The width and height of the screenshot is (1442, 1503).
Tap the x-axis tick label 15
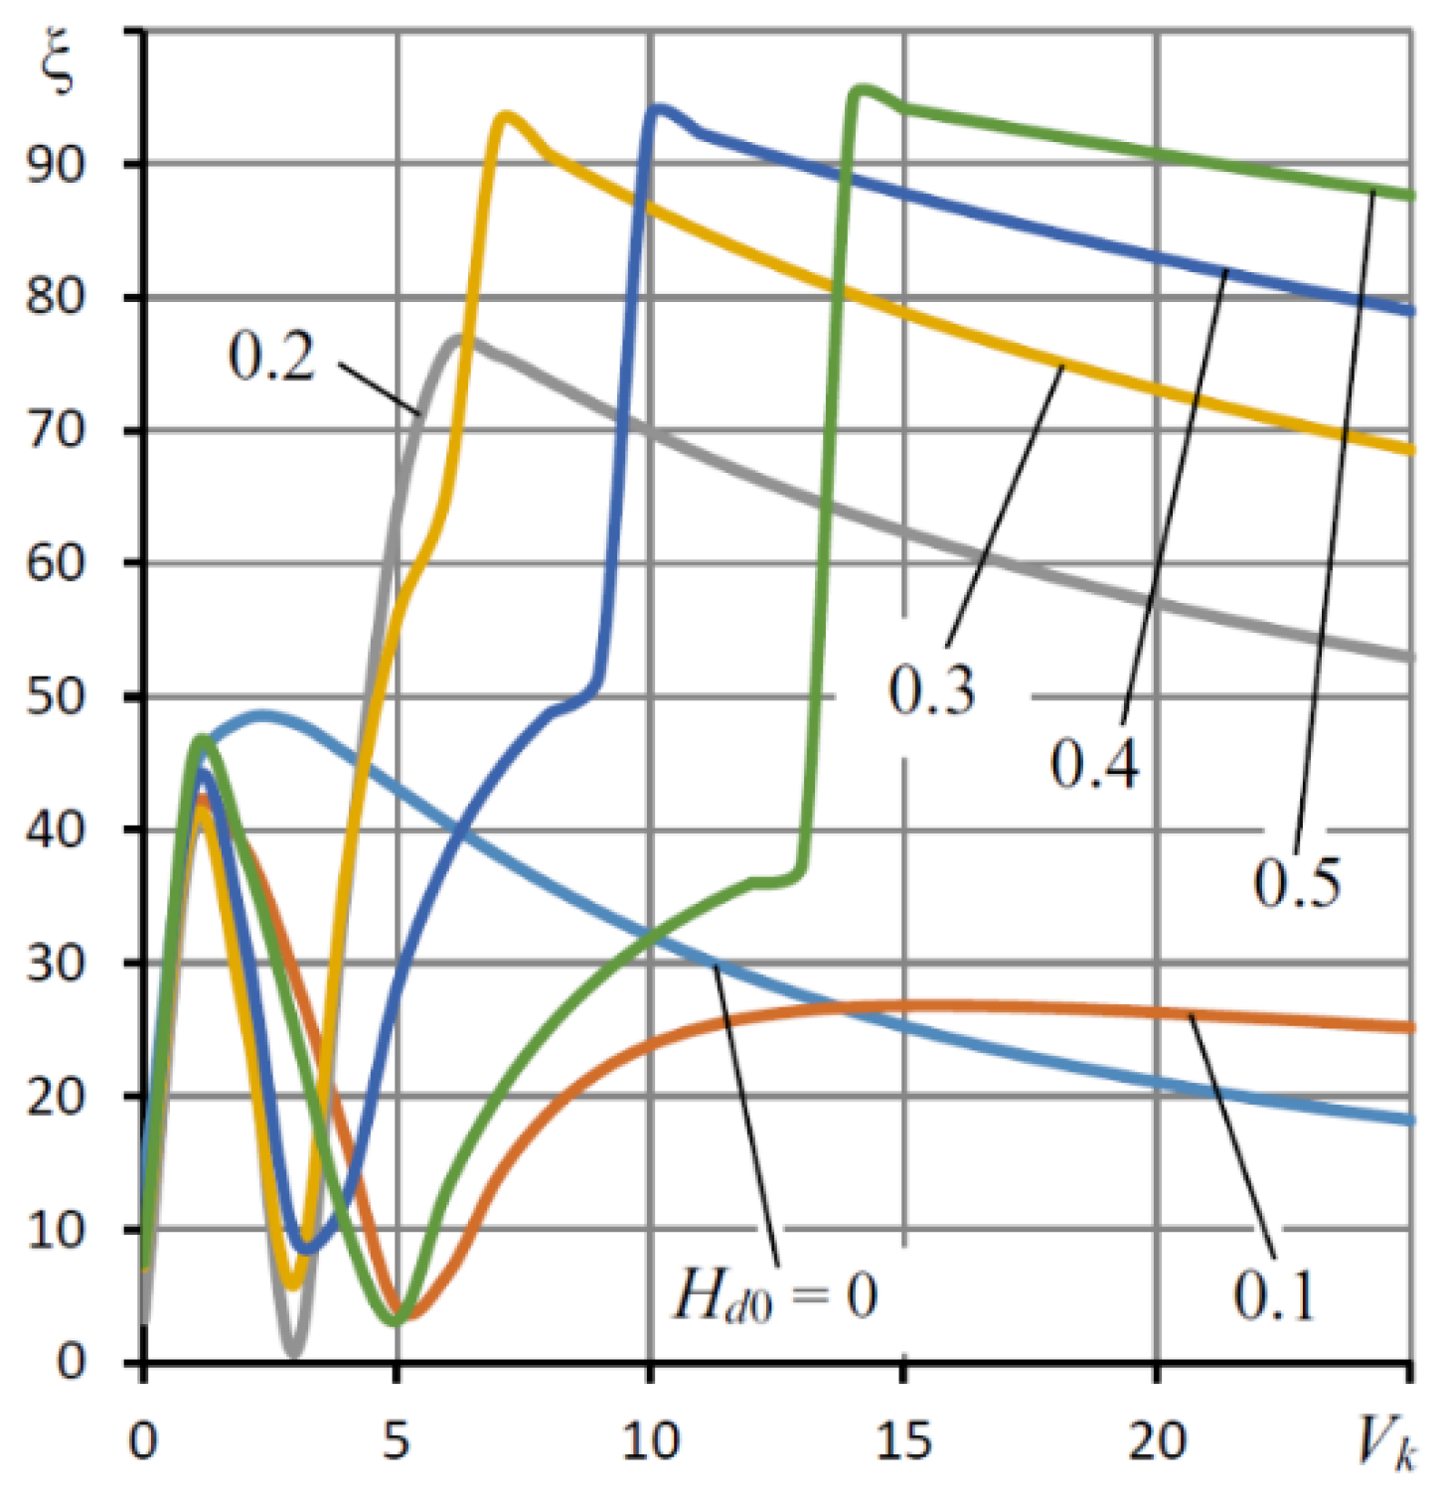903,1440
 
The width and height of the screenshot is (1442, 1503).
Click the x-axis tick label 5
396,1440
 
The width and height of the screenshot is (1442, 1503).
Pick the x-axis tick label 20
1157,1440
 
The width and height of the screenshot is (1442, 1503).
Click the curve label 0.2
270,356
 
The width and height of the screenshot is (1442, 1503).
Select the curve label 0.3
931,689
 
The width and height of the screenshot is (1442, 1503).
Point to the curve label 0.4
1094,764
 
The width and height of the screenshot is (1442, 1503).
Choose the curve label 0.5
1296,881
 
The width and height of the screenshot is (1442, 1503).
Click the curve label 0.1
1273,1295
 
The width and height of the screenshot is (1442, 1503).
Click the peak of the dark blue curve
658,107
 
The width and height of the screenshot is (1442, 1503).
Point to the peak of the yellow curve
508,115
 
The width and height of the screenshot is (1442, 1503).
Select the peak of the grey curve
456,338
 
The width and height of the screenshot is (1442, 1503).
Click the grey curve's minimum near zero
293,1352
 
